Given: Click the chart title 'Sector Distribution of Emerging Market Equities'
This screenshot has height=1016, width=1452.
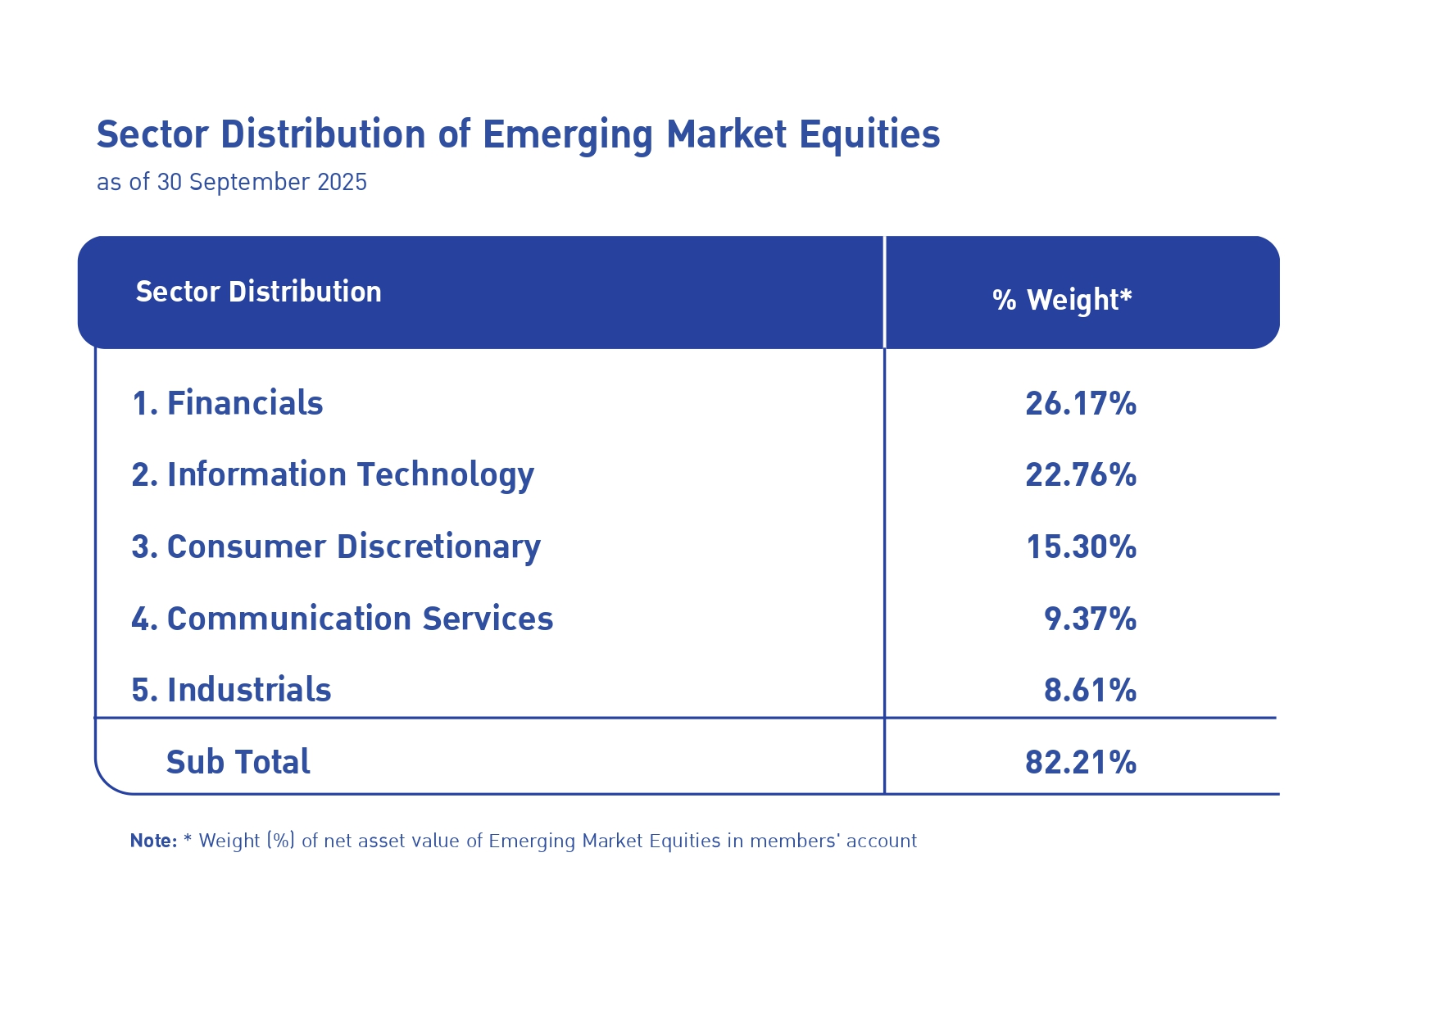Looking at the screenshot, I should (518, 135).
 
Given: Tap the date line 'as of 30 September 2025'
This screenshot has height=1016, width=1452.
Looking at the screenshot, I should (232, 182).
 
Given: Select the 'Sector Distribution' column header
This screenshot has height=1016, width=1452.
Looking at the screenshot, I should (258, 292).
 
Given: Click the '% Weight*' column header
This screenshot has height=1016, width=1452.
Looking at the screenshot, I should (1061, 300).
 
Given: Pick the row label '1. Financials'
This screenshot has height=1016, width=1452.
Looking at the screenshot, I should (228, 403).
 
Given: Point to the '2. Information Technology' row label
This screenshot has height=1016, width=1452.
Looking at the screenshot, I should (333, 475).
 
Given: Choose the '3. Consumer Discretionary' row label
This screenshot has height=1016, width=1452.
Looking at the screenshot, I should (336, 547).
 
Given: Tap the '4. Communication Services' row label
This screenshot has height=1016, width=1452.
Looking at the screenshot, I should (343, 619).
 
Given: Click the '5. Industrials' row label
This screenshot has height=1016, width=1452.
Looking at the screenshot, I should (232, 690).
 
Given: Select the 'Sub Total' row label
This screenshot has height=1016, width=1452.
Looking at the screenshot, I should (238, 762).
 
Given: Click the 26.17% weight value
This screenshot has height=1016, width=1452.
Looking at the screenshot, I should (1081, 403).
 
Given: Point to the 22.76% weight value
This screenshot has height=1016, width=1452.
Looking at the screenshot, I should (1081, 475).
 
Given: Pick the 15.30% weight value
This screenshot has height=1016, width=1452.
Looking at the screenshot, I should (1081, 547).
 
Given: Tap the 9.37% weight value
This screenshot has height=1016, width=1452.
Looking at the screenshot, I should (1090, 619).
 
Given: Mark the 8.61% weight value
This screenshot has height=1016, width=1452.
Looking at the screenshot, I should (1090, 690).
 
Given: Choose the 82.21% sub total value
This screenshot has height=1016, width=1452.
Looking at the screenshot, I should (1081, 762).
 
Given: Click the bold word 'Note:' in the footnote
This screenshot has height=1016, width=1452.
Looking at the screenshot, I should (153, 841).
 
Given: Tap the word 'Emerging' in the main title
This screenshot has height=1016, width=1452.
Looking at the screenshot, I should (567, 135).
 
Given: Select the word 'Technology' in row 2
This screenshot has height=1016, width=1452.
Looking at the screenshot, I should (445, 475).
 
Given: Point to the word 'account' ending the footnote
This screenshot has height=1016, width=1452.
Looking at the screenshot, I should (881, 841).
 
